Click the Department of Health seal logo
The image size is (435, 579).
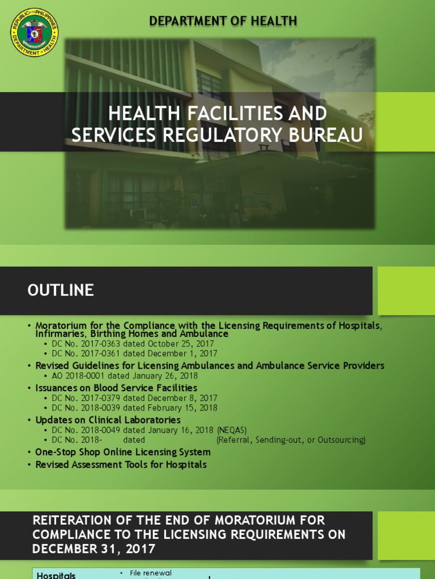click(x=34, y=32)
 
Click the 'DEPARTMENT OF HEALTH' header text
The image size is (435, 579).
click(x=223, y=21)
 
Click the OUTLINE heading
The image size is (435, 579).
click(x=61, y=291)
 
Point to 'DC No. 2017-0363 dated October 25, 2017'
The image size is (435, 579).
click(x=133, y=343)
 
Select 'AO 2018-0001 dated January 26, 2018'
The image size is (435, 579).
click(x=125, y=375)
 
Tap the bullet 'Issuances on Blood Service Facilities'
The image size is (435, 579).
click(x=116, y=388)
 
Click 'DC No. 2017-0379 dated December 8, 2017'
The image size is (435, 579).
click(x=134, y=398)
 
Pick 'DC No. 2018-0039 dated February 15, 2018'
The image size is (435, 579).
click(x=134, y=408)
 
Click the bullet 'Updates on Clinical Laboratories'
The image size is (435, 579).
click(x=108, y=420)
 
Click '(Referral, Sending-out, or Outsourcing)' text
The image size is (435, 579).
click(x=291, y=440)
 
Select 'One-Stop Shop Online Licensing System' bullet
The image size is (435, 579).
click(x=123, y=452)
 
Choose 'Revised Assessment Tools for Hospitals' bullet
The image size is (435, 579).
click(x=121, y=465)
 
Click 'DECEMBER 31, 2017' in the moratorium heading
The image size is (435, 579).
click(x=93, y=548)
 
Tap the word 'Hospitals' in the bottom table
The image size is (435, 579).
click(x=56, y=575)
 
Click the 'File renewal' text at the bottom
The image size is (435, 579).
click(x=151, y=573)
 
